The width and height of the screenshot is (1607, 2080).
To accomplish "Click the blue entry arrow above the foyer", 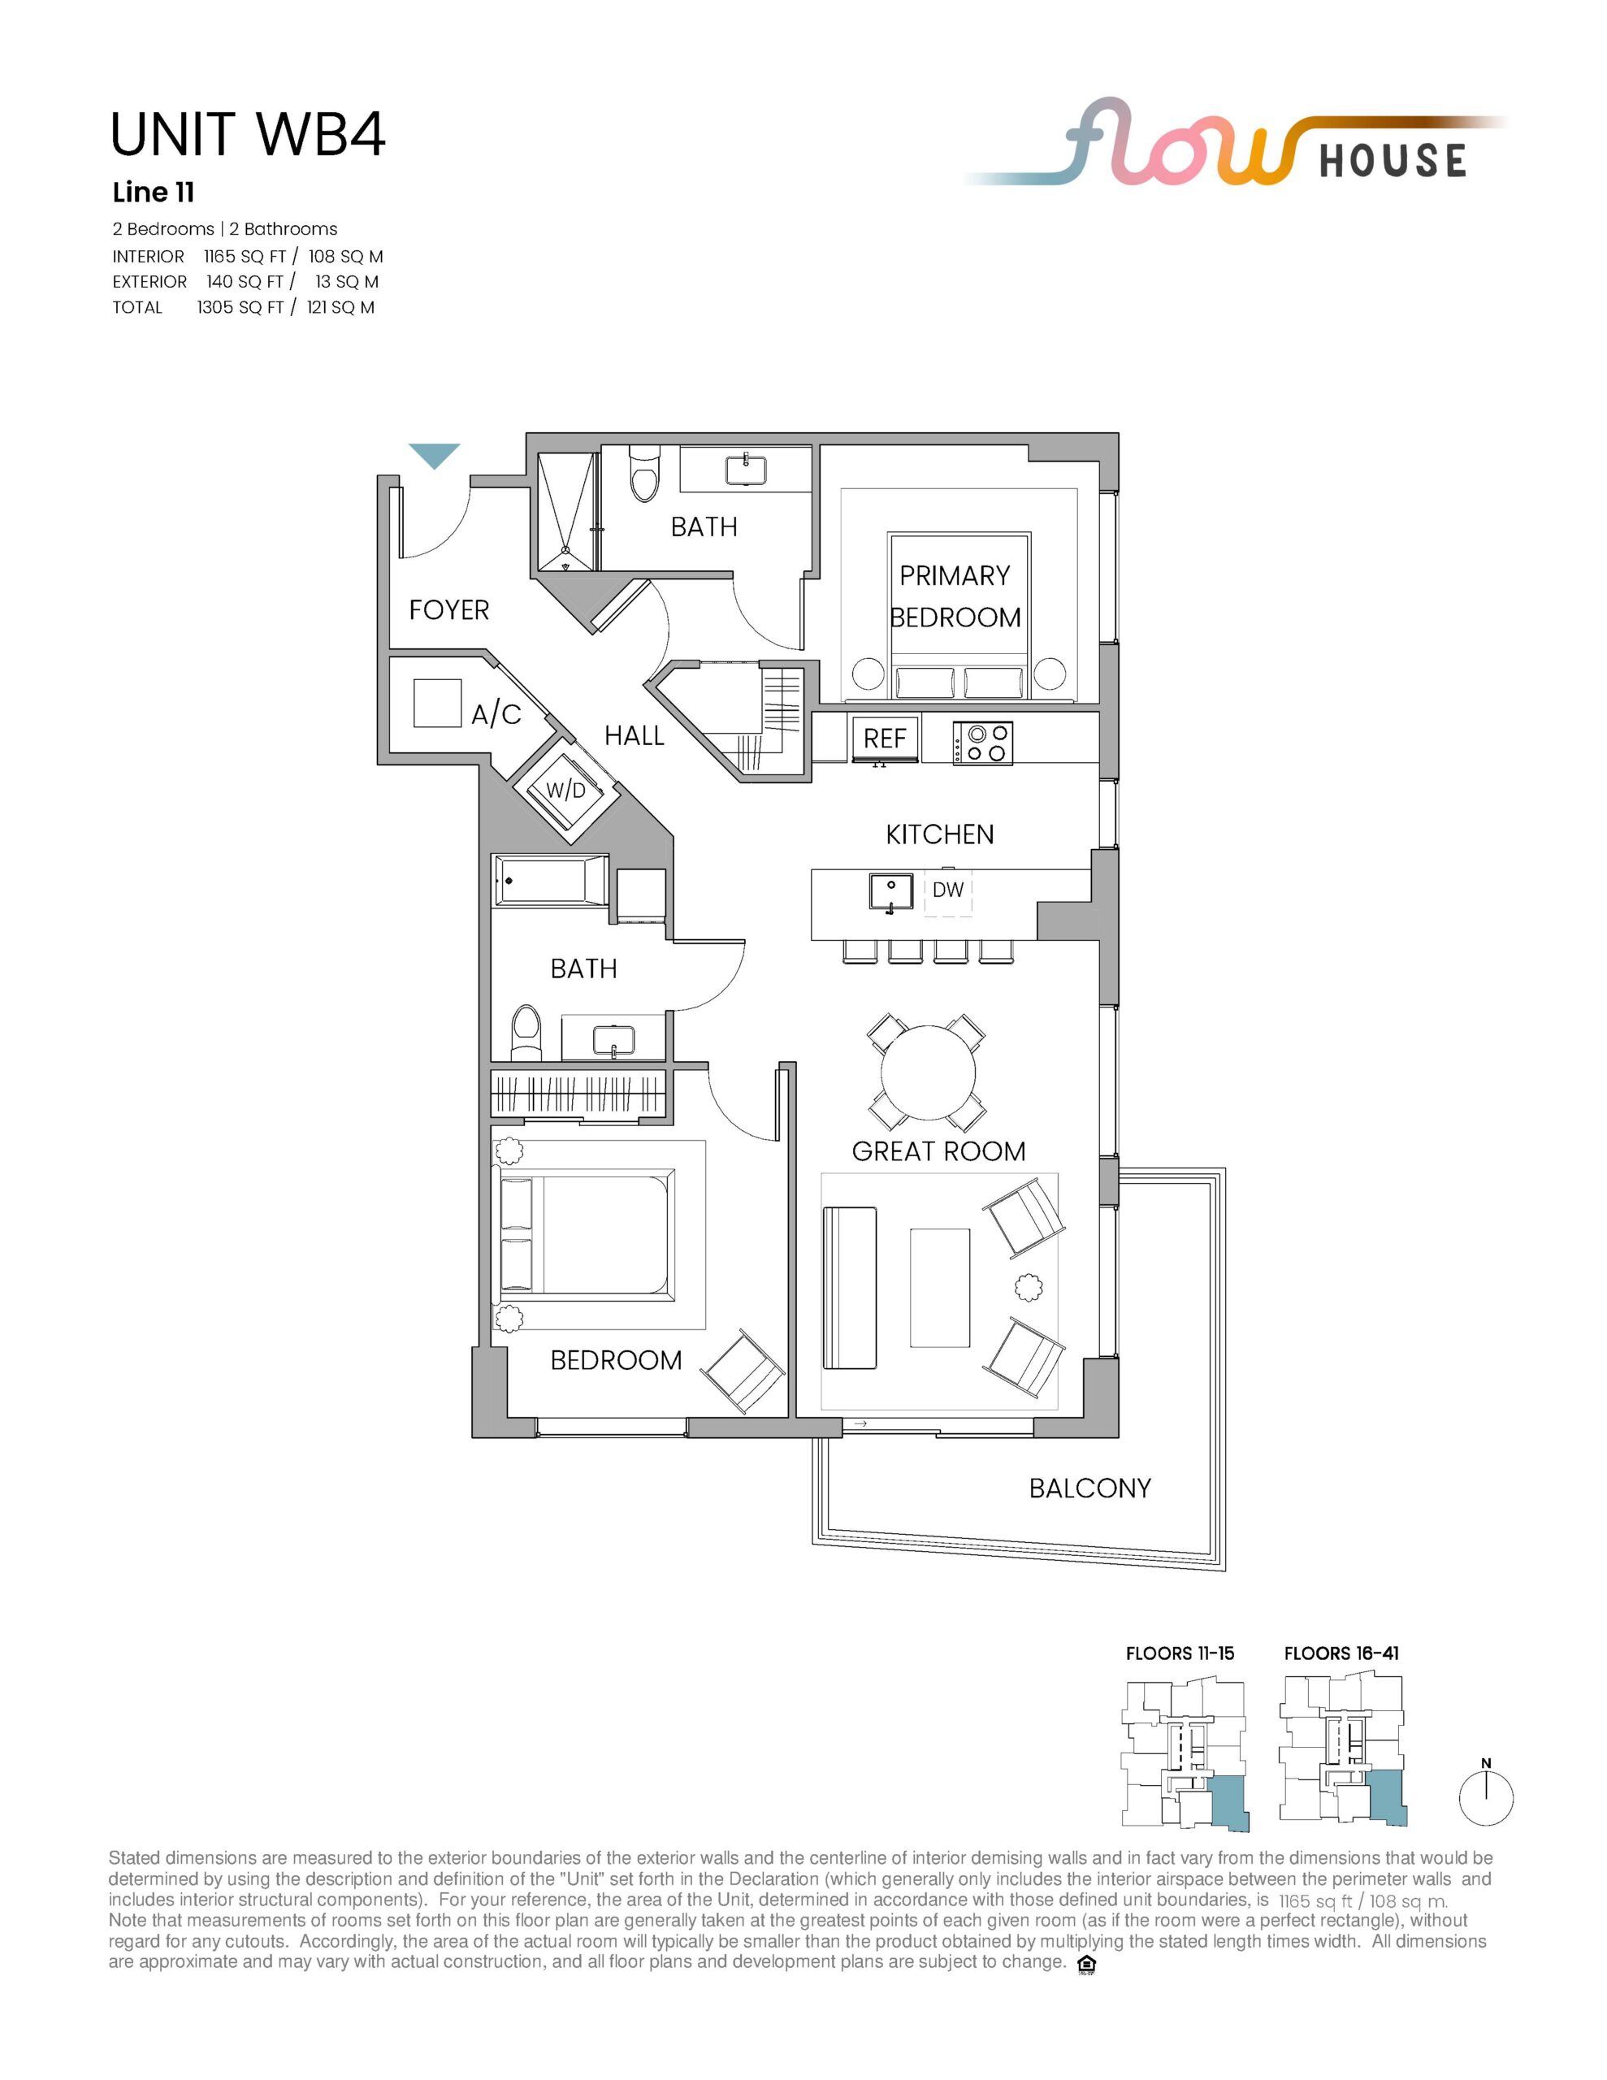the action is [x=435, y=455].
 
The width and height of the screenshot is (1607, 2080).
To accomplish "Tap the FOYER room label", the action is [x=448, y=609].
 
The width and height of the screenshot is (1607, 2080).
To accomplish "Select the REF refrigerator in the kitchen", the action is [x=885, y=739].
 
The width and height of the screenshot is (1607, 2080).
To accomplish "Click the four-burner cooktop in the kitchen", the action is [x=982, y=743].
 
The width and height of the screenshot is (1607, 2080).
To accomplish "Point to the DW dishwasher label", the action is [x=948, y=890].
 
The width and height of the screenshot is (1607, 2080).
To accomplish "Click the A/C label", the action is [x=496, y=713].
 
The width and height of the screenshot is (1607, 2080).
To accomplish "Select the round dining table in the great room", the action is [x=928, y=1072].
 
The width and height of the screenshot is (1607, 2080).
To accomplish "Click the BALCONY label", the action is [x=1089, y=1488].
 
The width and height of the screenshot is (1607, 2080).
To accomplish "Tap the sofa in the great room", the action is [x=849, y=1288].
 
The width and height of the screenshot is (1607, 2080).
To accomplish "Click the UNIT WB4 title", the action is [x=248, y=134].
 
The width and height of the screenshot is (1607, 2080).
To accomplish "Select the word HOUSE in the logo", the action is [x=1393, y=161].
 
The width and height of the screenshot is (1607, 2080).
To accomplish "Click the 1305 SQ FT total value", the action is [x=240, y=306].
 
